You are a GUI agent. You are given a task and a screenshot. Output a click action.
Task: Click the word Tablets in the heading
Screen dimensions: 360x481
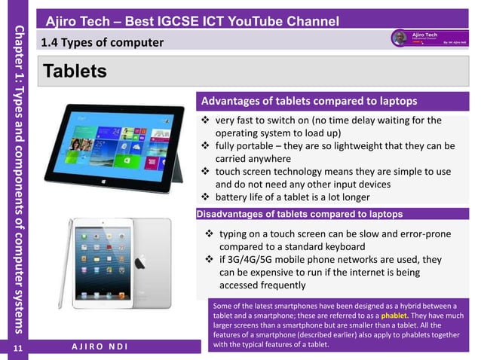pos(75,72)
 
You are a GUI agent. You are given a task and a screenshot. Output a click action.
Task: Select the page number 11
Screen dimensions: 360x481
pos(14,347)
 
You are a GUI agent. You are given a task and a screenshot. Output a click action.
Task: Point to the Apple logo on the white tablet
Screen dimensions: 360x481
pos(140,263)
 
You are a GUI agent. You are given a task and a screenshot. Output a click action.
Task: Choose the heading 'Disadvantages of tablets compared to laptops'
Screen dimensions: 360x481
pos(299,214)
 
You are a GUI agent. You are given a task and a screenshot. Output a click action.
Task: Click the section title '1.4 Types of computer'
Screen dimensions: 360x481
pos(103,42)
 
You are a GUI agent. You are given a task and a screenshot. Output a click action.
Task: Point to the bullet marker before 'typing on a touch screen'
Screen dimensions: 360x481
pos(211,234)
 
